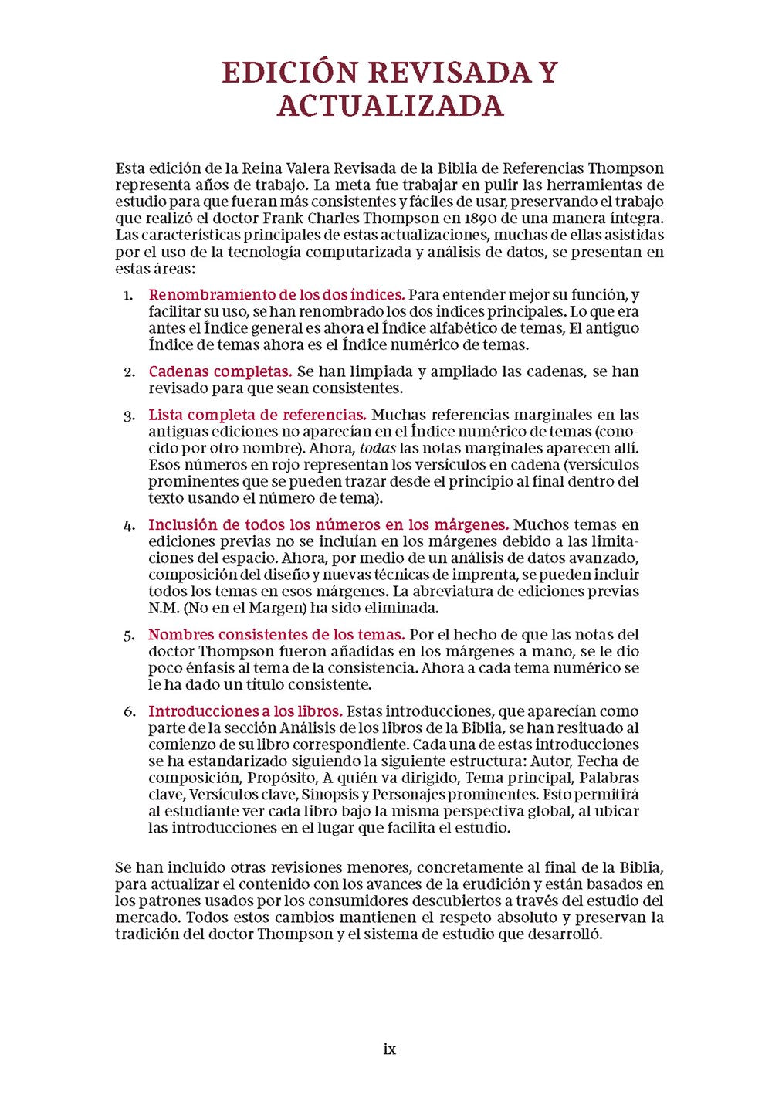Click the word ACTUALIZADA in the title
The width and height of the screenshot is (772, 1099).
[x=390, y=106]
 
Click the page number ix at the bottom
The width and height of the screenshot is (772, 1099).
[x=389, y=1049]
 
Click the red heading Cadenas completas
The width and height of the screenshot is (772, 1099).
[x=220, y=371]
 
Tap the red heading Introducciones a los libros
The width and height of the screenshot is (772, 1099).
[x=245, y=711]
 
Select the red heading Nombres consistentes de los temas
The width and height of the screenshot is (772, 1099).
[x=276, y=635]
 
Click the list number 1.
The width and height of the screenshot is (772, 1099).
[x=128, y=295]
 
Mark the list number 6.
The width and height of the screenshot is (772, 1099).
[x=129, y=711]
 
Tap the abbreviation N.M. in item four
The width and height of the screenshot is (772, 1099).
[x=164, y=608]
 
